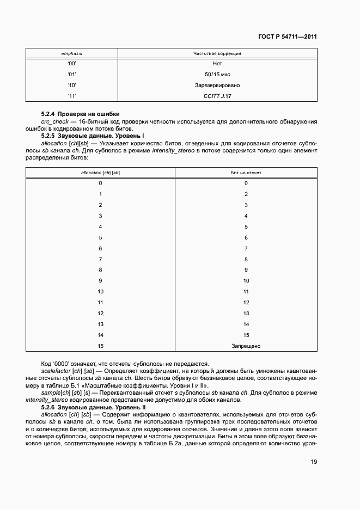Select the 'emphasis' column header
pos(71,54)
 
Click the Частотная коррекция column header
pos(217,54)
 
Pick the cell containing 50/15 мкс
pos(217,75)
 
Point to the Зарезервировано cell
pos(217,85)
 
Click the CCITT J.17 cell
pos(217,96)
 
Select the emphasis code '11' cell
pos(71,96)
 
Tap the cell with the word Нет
pos(217,64)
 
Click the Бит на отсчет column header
pos(246,173)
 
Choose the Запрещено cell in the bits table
pos(246,346)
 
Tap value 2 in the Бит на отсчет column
pos(246,194)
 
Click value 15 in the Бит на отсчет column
pos(246,335)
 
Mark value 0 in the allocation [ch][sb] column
pos(100,183)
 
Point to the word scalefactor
pos(56,371)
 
